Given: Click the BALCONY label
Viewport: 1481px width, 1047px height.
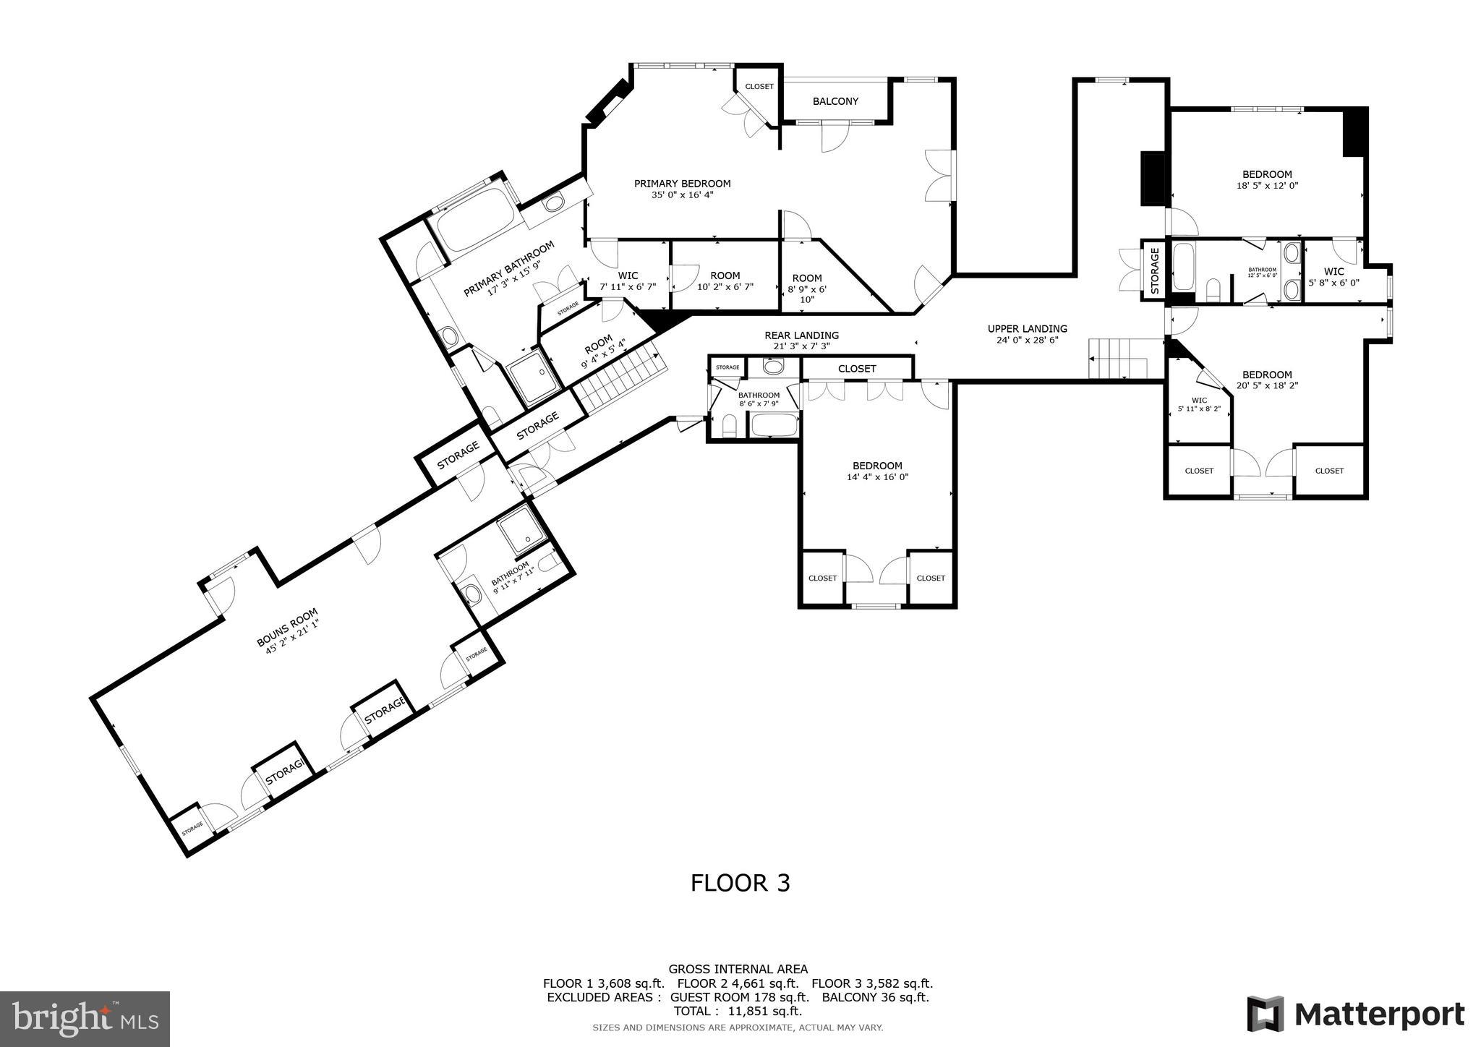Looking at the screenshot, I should (835, 101).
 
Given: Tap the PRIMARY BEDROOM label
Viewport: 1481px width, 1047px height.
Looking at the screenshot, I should (682, 184).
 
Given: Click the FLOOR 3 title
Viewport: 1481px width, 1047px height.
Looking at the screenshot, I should (740, 883).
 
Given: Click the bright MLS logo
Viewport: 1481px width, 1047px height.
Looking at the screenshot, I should (85, 1019).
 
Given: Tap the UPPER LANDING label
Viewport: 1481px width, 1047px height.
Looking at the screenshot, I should (1027, 329).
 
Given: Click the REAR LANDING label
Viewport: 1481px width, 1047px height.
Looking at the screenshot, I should (801, 336).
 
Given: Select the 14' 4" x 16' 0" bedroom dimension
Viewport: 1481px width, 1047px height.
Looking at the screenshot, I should (877, 477).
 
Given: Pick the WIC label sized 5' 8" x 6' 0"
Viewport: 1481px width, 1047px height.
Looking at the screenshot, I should (1333, 272).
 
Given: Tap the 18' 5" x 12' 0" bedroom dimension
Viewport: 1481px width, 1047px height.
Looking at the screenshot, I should (1267, 185).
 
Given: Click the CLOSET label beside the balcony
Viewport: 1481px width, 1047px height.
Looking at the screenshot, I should (759, 87).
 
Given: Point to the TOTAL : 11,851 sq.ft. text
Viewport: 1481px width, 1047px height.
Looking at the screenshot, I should (738, 1011).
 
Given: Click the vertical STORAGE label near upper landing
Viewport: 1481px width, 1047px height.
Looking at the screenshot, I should (1155, 269).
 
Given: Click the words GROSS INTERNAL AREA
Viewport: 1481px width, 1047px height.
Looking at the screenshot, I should (738, 969).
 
